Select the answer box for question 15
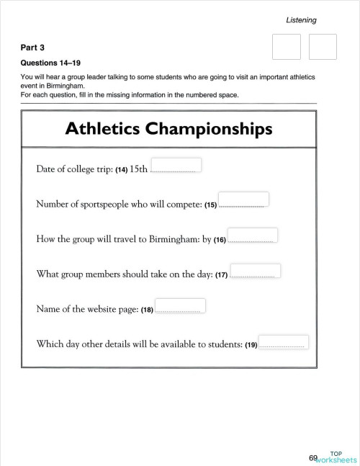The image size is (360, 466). click(x=243, y=199)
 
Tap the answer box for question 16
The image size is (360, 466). click(x=253, y=235)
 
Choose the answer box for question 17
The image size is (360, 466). click(x=256, y=270)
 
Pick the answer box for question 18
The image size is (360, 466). click(x=181, y=305)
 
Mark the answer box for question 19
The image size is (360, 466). click(x=283, y=341)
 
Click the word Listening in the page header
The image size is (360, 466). click(x=301, y=20)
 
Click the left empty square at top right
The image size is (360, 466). click(x=287, y=47)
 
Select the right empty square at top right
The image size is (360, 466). click(x=323, y=47)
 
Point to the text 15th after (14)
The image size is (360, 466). click(x=139, y=169)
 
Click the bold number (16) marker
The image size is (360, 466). click(x=220, y=240)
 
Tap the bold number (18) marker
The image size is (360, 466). click(x=147, y=310)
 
